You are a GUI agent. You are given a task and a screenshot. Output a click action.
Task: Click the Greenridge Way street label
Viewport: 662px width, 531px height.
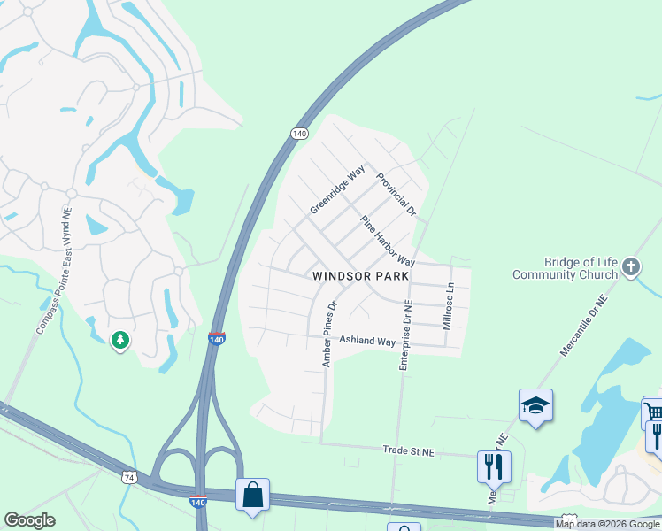pyautogui.click(x=337, y=189)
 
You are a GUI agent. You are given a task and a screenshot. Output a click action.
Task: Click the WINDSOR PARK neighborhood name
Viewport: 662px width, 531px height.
pyautogui.click(x=361, y=276)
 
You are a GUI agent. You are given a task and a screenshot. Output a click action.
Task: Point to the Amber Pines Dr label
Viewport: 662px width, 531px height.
pyautogui.click(x=330, y=335)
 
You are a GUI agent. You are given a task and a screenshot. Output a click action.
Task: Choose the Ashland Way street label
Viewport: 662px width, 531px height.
pyautogui.click(x=367, y=342)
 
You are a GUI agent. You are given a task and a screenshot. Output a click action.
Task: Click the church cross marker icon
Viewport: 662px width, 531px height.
pyautogui.click(x=630, y=266)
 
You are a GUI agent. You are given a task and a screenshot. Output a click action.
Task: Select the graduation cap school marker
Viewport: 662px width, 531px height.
pyautogui.click(x=535, y=405)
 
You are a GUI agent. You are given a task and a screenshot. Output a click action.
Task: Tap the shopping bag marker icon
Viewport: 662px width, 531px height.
pyautogui.click(x=252, y=495)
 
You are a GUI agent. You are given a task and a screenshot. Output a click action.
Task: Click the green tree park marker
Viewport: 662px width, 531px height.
pyautogui.click(x=120, y=339)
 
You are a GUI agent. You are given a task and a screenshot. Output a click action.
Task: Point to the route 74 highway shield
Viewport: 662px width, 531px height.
pyautogui.click(x=130, y=477)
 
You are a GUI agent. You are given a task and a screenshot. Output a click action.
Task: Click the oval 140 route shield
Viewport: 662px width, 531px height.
pyautogui.click(x=300, y=133)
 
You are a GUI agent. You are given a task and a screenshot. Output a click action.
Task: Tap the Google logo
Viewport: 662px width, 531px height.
pyautogui.click(x=30, y=520)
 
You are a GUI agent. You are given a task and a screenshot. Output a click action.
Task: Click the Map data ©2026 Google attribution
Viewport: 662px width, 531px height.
pyautogui.click(x=607, y=524)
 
